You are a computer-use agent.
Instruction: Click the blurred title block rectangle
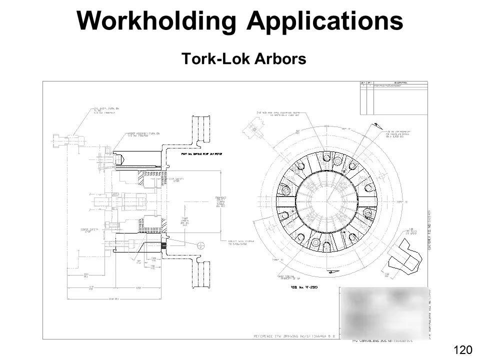tap(383, 312)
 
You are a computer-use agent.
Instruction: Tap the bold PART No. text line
tap(201, 154)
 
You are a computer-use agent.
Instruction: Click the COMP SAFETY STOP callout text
tap(90, 231)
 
